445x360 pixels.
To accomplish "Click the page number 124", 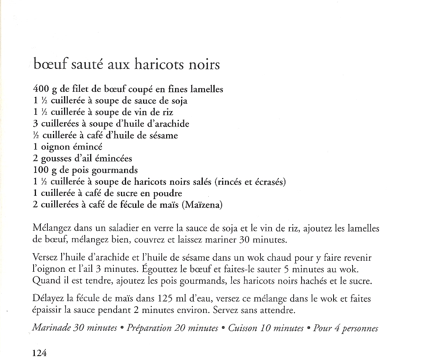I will [x=40, y=353].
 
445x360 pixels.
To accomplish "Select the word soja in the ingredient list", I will [x=180, y=101].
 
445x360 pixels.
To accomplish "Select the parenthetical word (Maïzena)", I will [x=203, y=205].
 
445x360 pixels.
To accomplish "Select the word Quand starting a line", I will [x=44, y=281].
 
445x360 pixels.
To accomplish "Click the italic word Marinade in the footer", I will [x=51, y=328].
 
